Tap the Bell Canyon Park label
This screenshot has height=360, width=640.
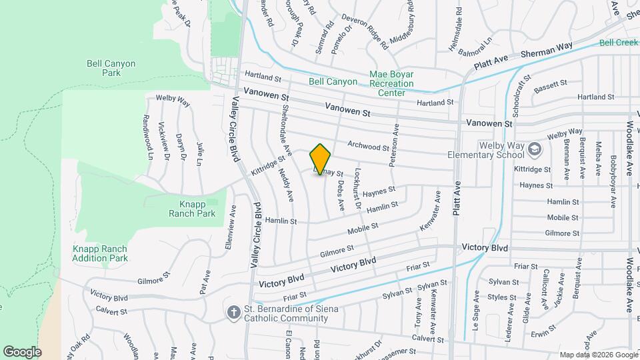111,68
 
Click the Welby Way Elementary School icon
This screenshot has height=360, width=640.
534,148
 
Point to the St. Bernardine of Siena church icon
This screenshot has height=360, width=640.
233,312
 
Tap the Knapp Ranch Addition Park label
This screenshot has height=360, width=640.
100,253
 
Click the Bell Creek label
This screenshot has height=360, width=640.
618,42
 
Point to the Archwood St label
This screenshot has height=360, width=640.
368,145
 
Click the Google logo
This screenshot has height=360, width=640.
22,351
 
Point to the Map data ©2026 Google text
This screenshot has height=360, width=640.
598,355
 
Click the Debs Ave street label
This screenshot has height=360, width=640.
340,196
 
